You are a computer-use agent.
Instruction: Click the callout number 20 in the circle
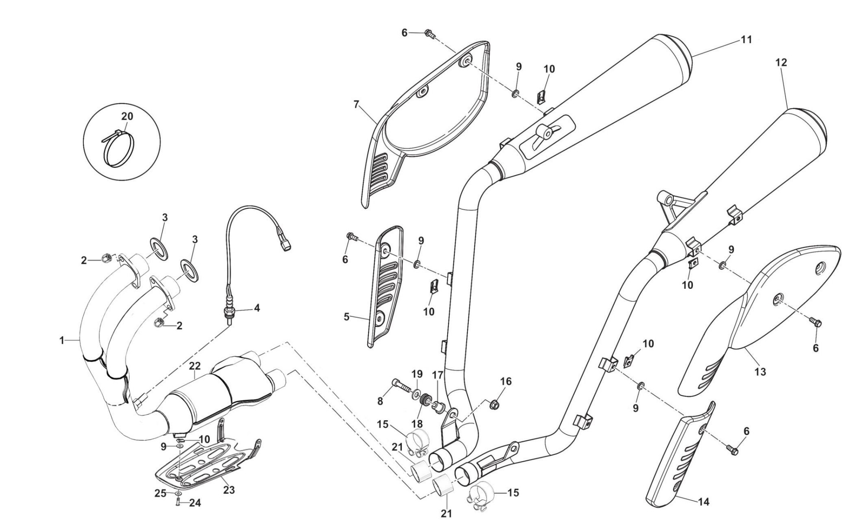pyautogui.click(x=127, y=116)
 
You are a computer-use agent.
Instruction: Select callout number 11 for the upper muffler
pyautogui.click(x=746, y=40)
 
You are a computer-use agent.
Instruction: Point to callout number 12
pyautogui.click(x=781, y=62)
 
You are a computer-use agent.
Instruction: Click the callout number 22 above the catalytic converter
pyautogui.click(x=195, y=366)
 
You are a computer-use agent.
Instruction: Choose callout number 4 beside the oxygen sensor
pyautogui.click(x=257, y=308)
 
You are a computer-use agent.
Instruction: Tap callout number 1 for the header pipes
pyautogui.click(x=62, y=341)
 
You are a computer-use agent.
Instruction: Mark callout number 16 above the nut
pyautogui.click(x=506, y=381)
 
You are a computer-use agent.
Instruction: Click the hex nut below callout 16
pyautogui.click(x=495, y=405)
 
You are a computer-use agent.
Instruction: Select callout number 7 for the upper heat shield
pyautogui.click(x=356, y=104)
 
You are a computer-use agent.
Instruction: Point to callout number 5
pyautogui.click(x=346, y=317)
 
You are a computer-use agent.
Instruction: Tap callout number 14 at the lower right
pyautogui.click(x=704, y=502)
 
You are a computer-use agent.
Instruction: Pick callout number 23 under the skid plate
pyautogui.click(x=229, y=490)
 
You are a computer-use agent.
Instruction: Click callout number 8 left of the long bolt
pyautogui.click(x=380, y=401)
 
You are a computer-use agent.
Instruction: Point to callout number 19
pyautogui.click(x=416, y=374)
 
